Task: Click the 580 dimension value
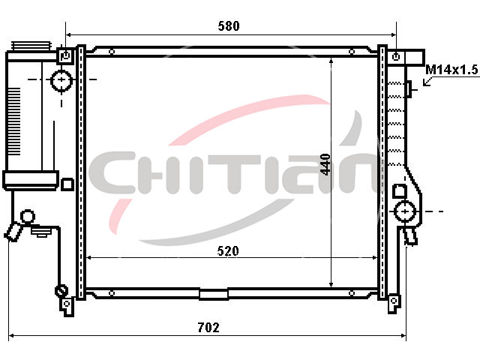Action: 229,26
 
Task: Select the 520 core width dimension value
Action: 228,251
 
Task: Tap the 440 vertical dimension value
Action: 325,165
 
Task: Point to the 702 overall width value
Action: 208,328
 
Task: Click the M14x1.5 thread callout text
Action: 451,70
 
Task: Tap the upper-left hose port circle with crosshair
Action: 61,80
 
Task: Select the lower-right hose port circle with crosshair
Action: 405,211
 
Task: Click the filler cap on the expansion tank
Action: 31,46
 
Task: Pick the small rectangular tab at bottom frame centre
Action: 214,294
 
